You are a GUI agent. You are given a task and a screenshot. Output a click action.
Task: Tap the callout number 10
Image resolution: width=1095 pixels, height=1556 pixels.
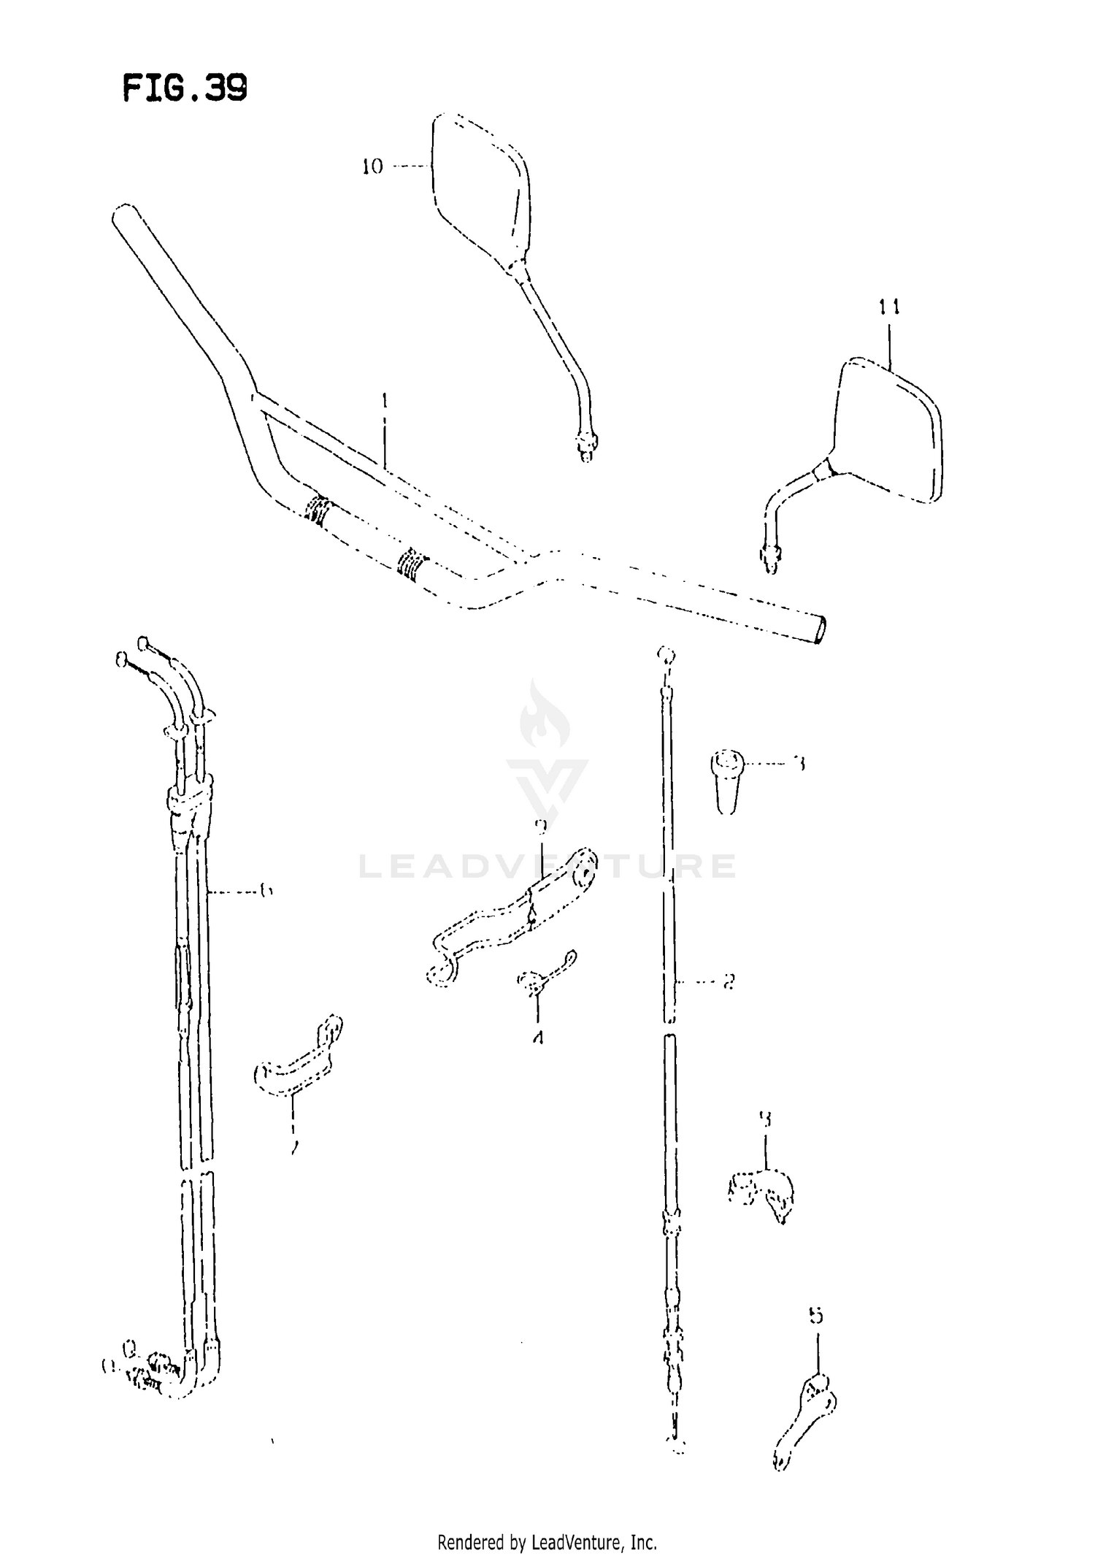(x=372, y=167)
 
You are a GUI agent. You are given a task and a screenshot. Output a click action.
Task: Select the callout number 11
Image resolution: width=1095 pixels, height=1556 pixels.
(x=888, y=307)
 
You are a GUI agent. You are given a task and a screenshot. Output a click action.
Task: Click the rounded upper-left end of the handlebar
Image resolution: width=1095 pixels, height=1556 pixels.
(x=123, y=217)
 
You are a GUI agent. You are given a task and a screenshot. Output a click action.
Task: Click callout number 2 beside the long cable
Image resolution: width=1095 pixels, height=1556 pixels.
(x=728, y=982)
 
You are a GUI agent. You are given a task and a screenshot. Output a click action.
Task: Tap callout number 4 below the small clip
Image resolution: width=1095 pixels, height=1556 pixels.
(x=538, y=1037)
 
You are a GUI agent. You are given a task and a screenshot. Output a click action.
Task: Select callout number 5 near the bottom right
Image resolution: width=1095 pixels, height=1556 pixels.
(x=816, y=1316)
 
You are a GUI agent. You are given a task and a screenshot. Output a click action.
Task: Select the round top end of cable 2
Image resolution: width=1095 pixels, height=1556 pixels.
(x=665, y=654)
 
